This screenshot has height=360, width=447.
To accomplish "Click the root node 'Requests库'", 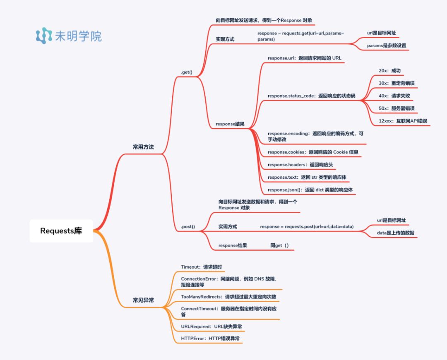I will [x=61, y=231].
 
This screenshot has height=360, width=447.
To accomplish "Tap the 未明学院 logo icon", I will [x=44, y=36].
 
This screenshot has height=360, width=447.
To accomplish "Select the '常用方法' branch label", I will [x=143, y=147].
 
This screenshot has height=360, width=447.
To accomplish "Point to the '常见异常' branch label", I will [x=143, y=300].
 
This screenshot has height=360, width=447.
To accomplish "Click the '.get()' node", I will [x=187, y=72].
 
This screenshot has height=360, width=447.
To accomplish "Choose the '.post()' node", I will [x=188, y=227].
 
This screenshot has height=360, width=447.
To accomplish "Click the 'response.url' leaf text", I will [x=304, y=58].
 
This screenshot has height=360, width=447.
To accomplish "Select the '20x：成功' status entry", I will [x=389, y=71].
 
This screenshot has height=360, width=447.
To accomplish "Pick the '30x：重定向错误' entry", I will [x=397, y=83].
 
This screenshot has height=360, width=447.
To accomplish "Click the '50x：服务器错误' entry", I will [x=397, y=108].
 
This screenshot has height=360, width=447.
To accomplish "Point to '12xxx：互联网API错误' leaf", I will [x=403, y=121].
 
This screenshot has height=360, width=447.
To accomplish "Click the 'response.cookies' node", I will [x=313, y=152].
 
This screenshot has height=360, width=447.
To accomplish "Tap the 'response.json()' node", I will [x=310, y=190].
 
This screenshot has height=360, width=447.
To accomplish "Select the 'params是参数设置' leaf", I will [x=387, y=46].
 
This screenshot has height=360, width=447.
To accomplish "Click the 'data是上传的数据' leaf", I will [x=395, y=233].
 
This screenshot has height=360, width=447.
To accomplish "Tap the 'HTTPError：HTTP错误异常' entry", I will [x=210, y=338].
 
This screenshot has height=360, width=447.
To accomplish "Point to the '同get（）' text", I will [x=279, y=245].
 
